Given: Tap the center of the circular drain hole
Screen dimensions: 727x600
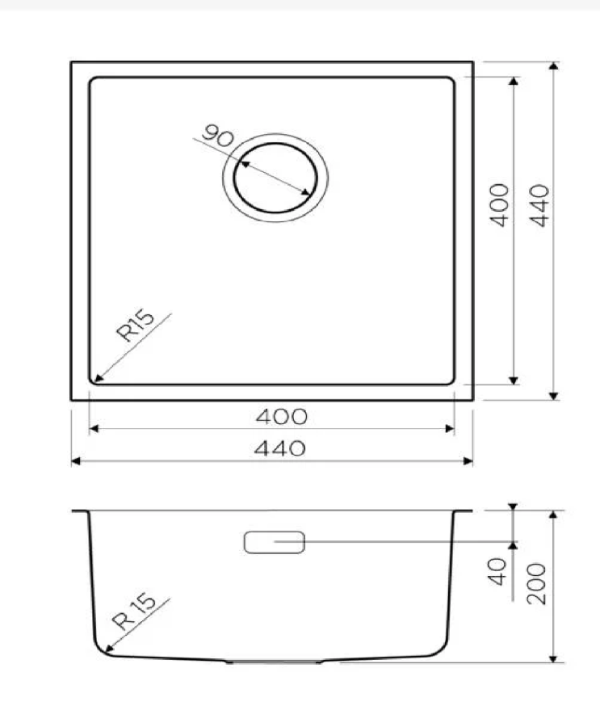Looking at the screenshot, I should (x=276, y=177).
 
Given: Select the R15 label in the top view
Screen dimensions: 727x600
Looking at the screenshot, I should (x=136, y=326).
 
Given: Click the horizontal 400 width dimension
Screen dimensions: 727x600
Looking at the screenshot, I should (x=281, y=417).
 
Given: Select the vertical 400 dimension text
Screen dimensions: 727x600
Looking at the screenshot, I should (x=501, y=205).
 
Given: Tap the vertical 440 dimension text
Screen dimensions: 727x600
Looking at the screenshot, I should (x=539, y=205).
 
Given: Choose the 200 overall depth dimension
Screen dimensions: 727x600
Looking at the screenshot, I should (x=539, y=583).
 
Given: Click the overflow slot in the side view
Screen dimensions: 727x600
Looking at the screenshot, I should (x=275, y=542).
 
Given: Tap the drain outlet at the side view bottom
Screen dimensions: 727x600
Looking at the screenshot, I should (x=275, y=662).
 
